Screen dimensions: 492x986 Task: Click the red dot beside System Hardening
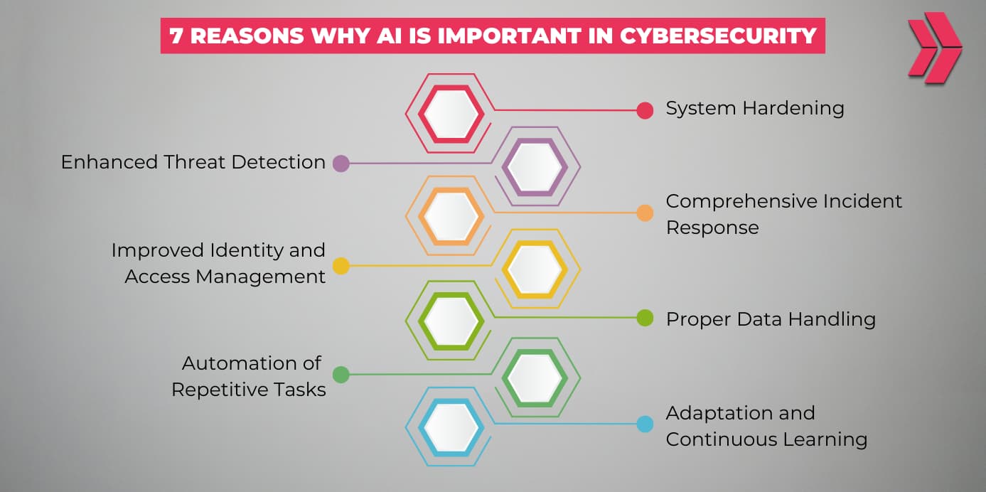[645, 110]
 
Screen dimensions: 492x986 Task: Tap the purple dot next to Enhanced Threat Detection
[341, 164]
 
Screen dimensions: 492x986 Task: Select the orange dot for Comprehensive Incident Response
[645, 213]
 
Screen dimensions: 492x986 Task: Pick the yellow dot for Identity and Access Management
[341, 266]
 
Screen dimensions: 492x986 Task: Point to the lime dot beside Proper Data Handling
[645, 318]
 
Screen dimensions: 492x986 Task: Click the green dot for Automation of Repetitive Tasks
[341, 374]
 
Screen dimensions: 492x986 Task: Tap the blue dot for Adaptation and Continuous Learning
[645, 424]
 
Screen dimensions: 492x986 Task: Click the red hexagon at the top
[451, 113]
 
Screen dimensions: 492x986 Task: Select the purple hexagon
[535, 167]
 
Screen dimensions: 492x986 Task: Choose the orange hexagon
[451, 216]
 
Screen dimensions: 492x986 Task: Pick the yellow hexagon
[535, 269]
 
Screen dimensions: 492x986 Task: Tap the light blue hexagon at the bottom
[451, 427]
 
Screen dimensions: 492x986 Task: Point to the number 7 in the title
[176, 36]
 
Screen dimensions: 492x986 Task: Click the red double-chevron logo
[933, 48]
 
